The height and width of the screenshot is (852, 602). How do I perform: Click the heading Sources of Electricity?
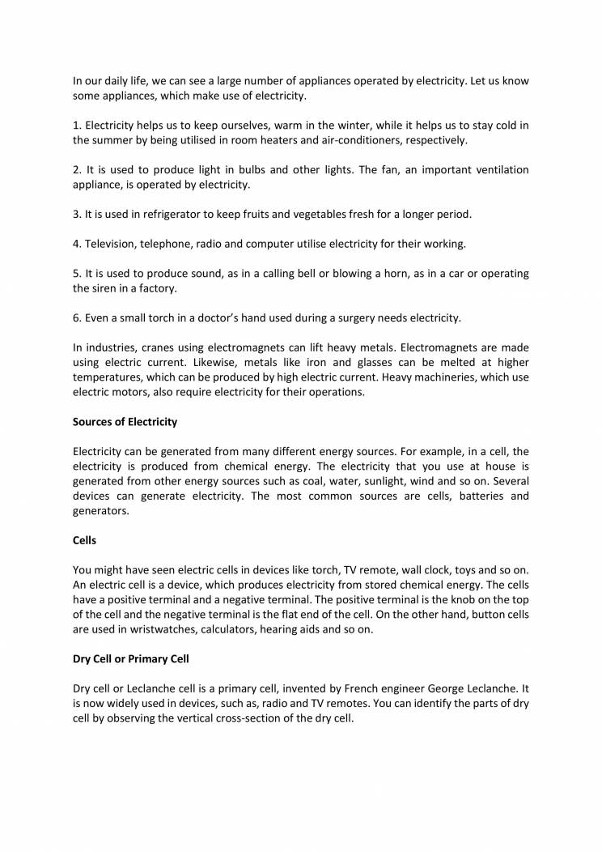[x=125, y=422]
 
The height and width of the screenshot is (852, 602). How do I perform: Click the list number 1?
[x=77, y=126]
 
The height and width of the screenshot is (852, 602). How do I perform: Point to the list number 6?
[x=77, y=317]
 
